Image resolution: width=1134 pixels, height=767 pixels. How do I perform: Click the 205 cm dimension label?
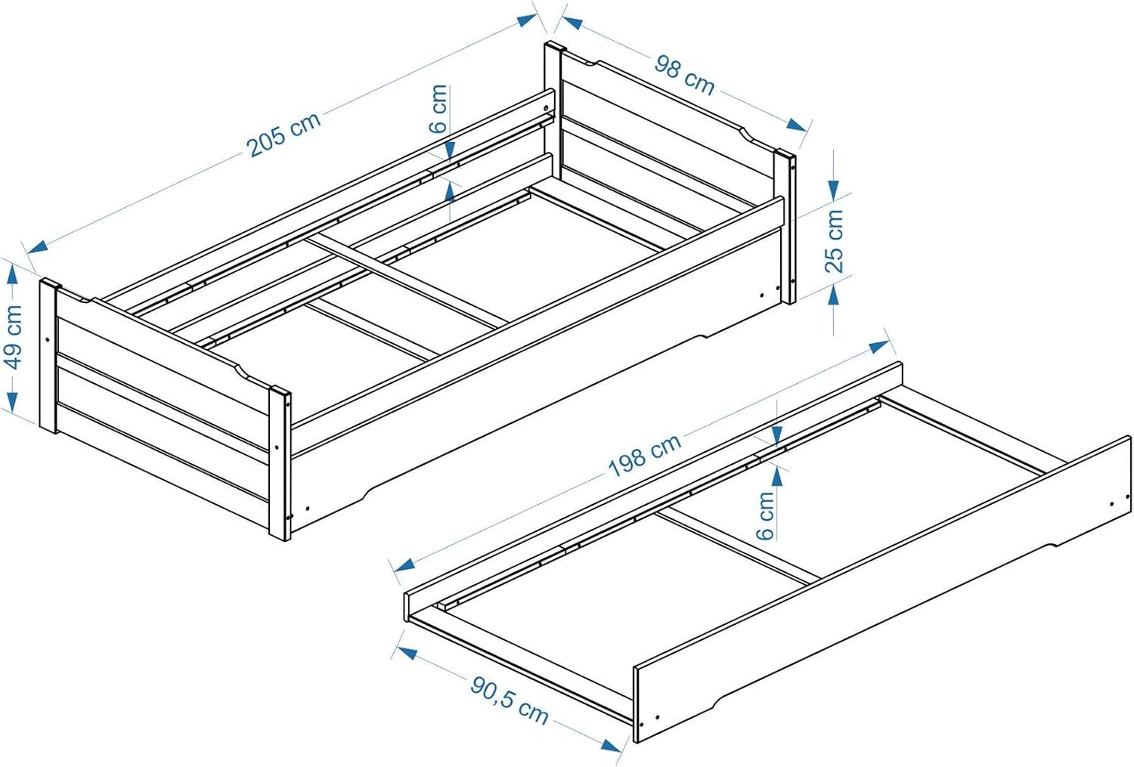(x=284, y=134)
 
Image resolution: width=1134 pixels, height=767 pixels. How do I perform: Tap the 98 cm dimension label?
(x=684, y=75)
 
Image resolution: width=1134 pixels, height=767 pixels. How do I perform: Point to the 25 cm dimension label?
(x=834, y=240)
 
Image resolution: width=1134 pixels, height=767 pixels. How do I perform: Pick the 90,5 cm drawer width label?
(x=509, y=701)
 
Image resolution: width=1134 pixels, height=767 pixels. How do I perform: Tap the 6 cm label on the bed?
(x=438, y=109)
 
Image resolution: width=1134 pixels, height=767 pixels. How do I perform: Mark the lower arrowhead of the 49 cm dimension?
(x=13, y=397)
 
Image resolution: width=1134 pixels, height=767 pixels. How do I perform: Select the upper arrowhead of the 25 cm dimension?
(x=833, y=186)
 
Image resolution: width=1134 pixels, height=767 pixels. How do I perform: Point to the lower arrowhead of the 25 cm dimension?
(x=833, y=294)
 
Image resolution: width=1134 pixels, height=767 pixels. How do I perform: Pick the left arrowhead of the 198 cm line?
(x=404, y=565)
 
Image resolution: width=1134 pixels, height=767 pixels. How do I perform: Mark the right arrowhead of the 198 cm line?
(x=878, y=347)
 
